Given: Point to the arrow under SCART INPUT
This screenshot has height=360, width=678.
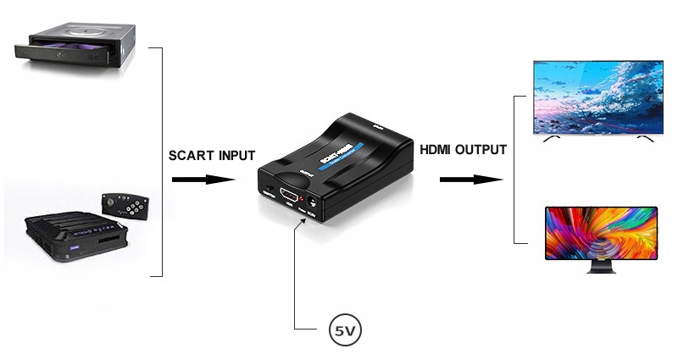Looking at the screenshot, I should click(x=203, y=180).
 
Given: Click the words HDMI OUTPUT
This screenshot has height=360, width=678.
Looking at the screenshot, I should click(x=463, y=150).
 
